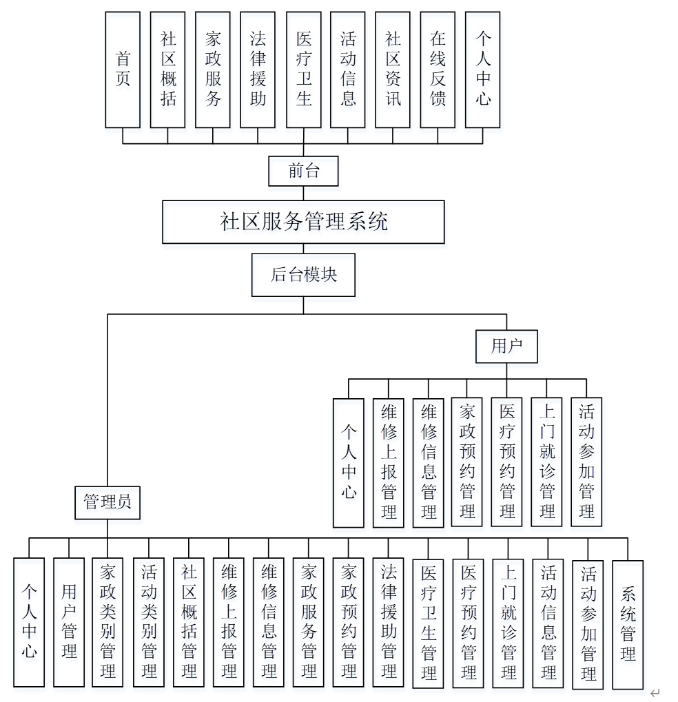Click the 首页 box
pos(123,70)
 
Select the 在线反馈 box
pos(438,70)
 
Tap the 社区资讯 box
pos(393,70)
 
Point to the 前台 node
pos(303,171)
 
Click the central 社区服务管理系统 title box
pos(303,222)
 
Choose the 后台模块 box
pos(303,275)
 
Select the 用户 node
pos(506,347)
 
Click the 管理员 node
pos(107,502)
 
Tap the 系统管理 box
pos(628,624)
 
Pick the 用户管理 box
pos(69,622)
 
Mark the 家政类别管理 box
pos(108,622)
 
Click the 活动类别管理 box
pos(149,622)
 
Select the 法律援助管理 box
pos(389,622)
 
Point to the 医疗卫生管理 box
pos(429,623)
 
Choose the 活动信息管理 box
pos(548,623)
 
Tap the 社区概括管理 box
pos(189,622)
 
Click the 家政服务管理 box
pos(309,622)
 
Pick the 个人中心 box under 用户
pos(349,462)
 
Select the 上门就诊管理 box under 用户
pos(548,462)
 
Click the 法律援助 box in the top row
pos(258,70)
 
